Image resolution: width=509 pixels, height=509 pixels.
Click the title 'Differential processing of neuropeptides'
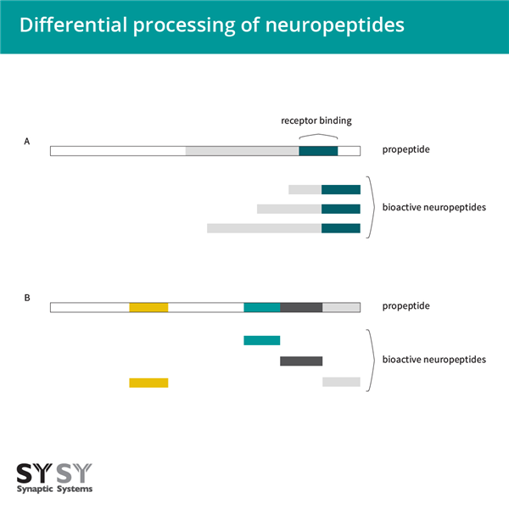[x=211, y=25]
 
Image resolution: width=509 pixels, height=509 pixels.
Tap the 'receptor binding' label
[x=316, y=120]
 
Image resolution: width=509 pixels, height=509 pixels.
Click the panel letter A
[x=27, y=143]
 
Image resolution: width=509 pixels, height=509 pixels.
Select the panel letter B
[x=27, y=298]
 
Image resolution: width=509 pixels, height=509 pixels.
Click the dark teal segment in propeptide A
[x=318, y=151]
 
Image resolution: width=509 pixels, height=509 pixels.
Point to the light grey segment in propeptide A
[x=242, y=151]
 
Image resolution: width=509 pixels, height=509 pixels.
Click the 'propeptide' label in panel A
[x=406, y=150]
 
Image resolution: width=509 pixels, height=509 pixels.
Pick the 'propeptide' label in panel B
[x=406, y=305]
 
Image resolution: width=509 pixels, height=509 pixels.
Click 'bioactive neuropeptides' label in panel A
[x=433, y=207]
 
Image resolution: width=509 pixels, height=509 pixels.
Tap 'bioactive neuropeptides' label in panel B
[x=433, y=360]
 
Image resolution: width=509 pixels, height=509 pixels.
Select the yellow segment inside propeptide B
[x=148, y=306]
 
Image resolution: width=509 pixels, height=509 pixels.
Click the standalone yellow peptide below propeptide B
[x=148, y=383]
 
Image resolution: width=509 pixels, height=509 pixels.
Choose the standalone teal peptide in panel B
[x=261, y=340]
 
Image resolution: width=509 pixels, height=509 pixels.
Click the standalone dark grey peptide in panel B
[x=301, y=361]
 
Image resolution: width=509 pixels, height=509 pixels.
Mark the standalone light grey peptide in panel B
[x=341, y=382]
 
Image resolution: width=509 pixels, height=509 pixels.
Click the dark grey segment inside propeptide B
[x=301, y=306]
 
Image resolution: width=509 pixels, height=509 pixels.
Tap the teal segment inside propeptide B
[x=261, y=306]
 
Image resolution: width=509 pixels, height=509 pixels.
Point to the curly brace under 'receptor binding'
[x=318, y=136]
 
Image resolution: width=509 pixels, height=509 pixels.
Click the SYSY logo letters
[x=54, y=472]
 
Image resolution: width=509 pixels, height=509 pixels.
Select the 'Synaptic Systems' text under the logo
[x=54, y=489]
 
